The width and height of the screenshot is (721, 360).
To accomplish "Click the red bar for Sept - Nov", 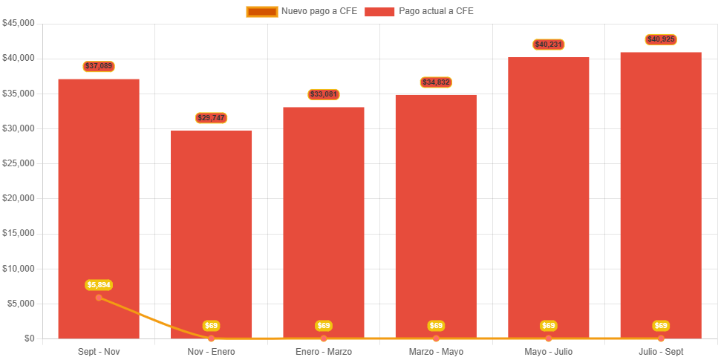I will (x=99, y=186).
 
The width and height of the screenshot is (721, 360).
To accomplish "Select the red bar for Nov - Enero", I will (x=212, y=223).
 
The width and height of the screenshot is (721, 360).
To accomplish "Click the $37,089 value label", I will (x=99, y=66).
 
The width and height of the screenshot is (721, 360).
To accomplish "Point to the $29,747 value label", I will (x=212, y=118).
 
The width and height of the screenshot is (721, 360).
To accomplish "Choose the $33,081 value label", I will (x=324, y=94).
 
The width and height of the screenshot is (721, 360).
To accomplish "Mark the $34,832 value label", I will (x=436, y=82).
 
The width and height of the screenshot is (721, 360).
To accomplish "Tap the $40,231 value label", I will (x=549, y=45).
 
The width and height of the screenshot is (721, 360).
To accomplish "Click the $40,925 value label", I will (x=661, y=39).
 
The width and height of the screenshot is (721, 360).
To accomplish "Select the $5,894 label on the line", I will (x=99, y=285).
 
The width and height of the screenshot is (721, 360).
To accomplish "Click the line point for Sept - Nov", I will (x=99, y=298).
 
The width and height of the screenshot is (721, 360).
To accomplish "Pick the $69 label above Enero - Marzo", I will (x=324, y=326).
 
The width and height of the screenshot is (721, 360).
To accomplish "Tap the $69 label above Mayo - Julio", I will (x=549, y=326).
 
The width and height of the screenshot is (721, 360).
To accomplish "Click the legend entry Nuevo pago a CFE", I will (x=301, y=11).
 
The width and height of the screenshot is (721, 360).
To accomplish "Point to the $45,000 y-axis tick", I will (x=19, y=23).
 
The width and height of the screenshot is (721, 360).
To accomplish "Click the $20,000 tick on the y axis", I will (x=19, y=198).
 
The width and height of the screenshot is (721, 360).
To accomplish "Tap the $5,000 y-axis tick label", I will (x=21, y=304).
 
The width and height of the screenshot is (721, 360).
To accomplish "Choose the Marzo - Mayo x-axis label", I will (x=436, y=351).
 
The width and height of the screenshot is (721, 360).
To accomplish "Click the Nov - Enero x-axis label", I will (x=212, y=351).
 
